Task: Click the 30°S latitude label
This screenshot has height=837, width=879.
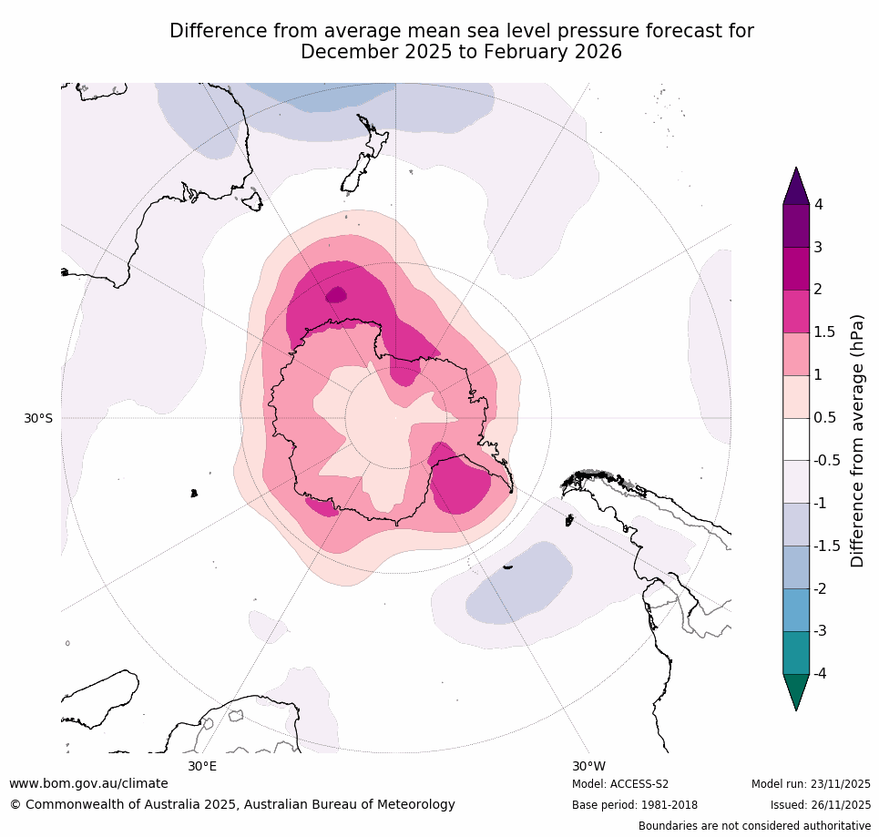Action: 38,418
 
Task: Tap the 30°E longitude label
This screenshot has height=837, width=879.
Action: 202,766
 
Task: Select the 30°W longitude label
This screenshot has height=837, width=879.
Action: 589,766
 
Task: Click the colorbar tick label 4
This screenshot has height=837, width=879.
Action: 818,205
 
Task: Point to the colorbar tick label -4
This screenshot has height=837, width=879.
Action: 820,673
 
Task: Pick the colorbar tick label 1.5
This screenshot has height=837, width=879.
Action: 823,332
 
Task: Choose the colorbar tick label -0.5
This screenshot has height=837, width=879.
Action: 825,460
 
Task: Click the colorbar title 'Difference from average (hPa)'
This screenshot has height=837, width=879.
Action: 857,441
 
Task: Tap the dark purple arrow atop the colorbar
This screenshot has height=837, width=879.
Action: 796,188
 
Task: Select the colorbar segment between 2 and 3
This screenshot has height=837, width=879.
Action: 796,269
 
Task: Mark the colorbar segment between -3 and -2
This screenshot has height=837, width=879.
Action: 796,609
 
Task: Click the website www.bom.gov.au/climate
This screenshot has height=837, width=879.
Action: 88,783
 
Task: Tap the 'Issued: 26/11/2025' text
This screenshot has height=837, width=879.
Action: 820,805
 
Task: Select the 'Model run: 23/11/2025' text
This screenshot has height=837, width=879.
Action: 811,784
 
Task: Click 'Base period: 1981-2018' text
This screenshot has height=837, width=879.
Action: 635,805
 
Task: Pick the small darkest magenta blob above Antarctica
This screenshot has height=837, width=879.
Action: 336,294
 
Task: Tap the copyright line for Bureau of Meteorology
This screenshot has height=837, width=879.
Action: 232,804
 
